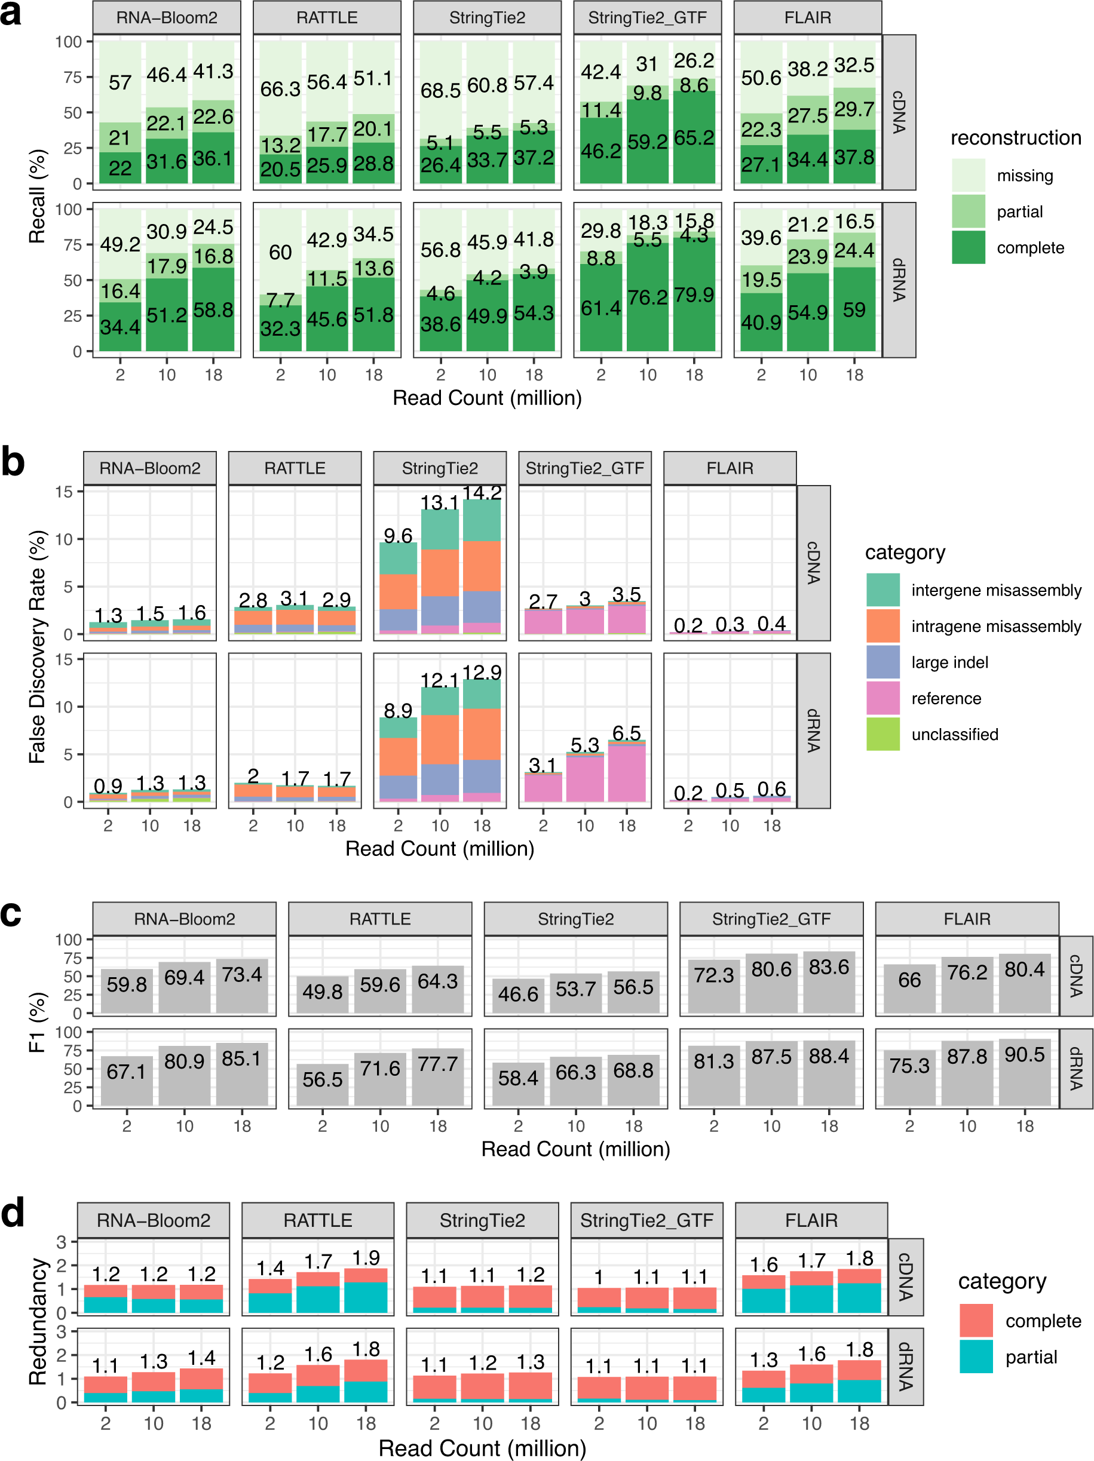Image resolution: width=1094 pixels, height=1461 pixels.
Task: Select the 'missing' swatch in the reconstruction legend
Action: click(x=968, y=176)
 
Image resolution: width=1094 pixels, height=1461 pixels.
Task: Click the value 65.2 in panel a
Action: click(x=694, y=138)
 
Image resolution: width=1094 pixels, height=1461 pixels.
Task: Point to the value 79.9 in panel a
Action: click(x=694, y=294)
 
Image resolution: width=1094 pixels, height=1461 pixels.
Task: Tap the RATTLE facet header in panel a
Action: click(x=326, y=18)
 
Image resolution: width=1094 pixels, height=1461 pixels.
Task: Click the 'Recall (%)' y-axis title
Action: click(x=38, y=196)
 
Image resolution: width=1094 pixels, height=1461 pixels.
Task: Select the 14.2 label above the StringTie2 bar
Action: click(x=482, y=493)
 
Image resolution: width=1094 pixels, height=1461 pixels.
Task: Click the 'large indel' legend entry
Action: click(x=949, y=662)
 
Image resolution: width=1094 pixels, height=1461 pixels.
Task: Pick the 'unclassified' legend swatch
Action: click(x=882, y=735)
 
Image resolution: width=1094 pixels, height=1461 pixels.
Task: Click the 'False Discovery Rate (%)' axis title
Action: click(x=38, y=647)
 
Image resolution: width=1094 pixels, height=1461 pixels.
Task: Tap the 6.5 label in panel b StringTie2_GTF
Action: click(x=626, y=733)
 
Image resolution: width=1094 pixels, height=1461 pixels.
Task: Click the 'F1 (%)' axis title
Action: click(x=38, y=1023)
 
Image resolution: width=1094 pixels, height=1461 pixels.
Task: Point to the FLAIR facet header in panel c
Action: click(x=967, y=919)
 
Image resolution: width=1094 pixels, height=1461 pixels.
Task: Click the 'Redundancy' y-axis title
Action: click(x=38, y=1322)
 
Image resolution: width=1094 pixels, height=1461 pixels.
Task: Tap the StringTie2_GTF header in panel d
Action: click(x=646, y=1220)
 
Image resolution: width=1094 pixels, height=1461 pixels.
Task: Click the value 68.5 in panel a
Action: click(x=440, y=90)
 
